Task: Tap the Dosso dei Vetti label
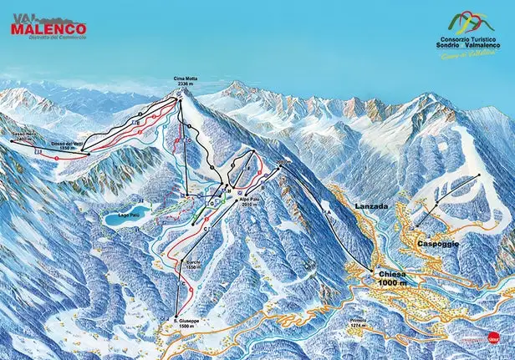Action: click(67, 145)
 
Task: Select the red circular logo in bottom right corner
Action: click(495, 339)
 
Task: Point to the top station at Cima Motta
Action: click(179, 96)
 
